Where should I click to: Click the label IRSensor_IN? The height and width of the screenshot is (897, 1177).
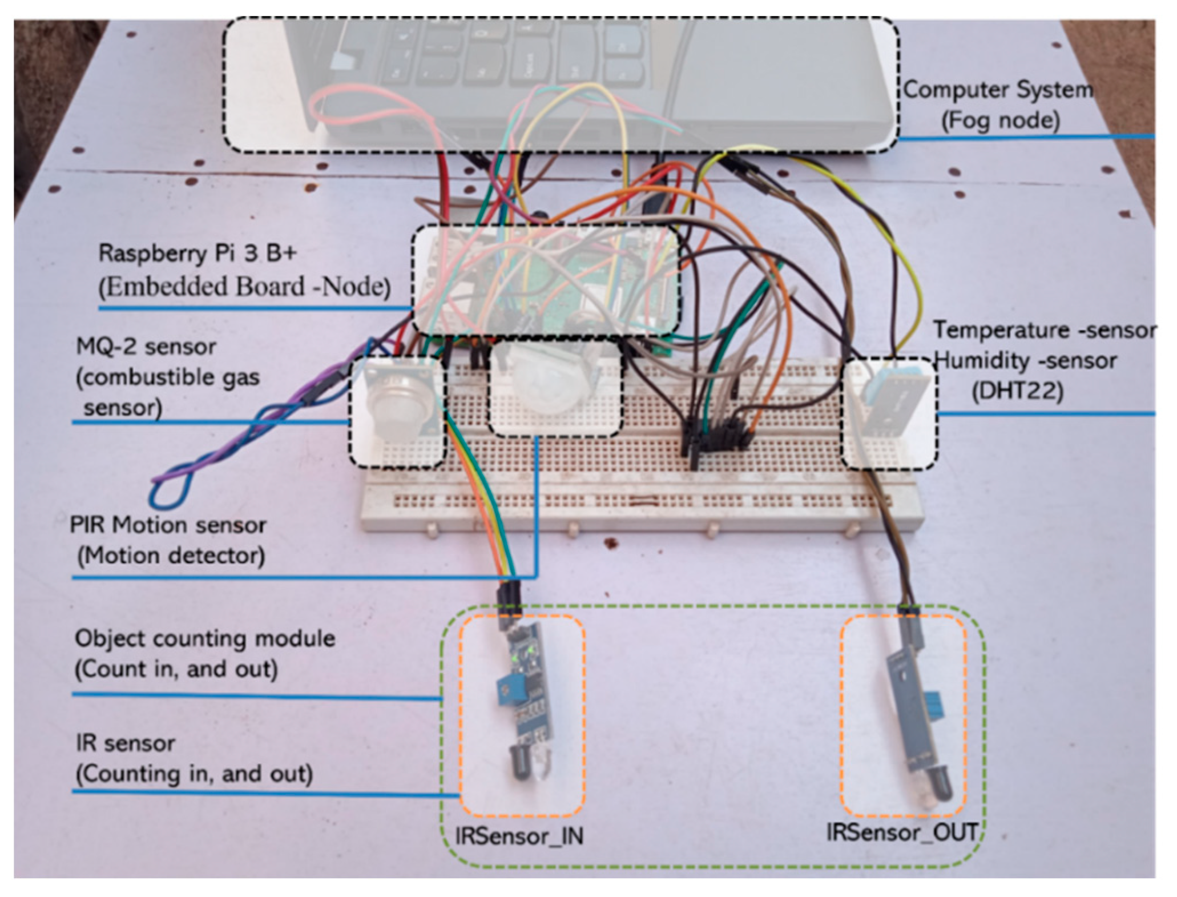click(x=519, y=836)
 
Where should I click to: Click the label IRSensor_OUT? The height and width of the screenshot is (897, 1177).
click(x=902, y=832)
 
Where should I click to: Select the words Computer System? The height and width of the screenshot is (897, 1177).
click(x=998, y=90)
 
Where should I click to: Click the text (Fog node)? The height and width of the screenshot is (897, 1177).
click(x=1000, y=120)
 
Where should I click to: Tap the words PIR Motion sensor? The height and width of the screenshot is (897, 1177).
click(x=168, y=525)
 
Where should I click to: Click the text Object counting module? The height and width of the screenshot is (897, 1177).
click(x=205, y=638)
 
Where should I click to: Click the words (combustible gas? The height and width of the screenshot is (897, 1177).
click(x=168, y=377)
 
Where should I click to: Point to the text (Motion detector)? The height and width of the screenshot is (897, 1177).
click(x=171, y=556)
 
